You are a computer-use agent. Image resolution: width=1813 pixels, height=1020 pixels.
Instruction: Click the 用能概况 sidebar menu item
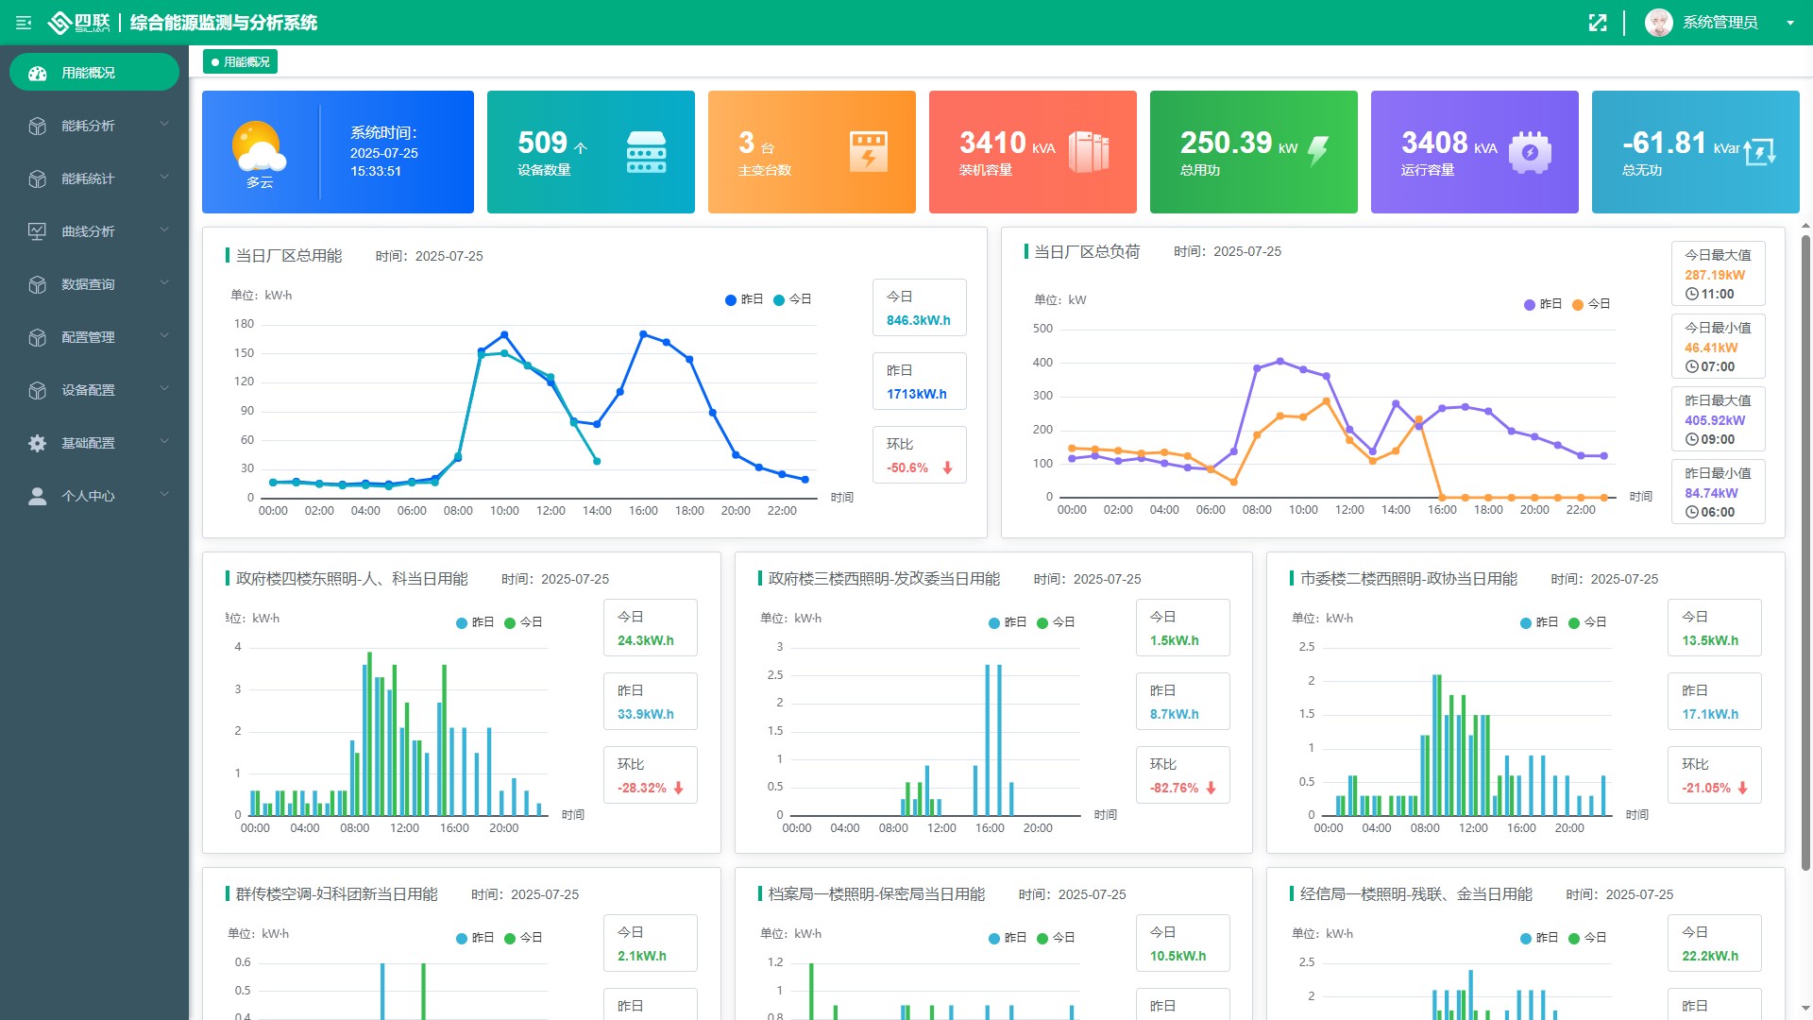[88, 73]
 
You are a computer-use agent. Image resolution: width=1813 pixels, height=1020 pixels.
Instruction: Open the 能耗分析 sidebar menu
[88, 126]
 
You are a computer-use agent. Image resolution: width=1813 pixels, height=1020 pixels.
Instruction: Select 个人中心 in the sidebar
[88, 496]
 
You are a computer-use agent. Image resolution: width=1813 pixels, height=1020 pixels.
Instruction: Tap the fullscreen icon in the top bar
[1598, 23]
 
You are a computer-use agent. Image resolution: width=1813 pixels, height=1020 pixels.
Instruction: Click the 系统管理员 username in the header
[1720, 23]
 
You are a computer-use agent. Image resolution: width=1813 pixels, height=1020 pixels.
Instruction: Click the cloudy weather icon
[258, 146]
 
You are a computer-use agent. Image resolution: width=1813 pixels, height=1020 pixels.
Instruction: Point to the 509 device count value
[542, 143]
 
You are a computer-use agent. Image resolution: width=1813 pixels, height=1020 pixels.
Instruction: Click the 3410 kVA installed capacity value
[992, 143]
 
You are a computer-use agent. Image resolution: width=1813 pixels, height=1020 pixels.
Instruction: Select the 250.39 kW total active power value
[1226, 143]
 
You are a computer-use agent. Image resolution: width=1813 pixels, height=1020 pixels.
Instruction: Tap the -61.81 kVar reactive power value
[1664, 143]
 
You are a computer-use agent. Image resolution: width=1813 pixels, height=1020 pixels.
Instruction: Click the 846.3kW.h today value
[918, 321]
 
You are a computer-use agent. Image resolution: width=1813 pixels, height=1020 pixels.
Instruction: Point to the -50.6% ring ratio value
[907, 468]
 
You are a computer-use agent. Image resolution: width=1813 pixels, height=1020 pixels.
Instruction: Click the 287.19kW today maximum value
[1715, 276]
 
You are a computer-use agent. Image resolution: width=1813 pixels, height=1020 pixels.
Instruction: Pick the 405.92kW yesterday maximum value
[1715, 421]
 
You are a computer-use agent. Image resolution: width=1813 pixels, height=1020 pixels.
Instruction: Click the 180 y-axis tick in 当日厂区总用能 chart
[244, 324]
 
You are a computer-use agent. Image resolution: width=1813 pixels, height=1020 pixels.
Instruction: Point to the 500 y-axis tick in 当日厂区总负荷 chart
[1042, 329]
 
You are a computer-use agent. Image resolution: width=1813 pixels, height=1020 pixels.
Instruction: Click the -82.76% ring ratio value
[1174, 789]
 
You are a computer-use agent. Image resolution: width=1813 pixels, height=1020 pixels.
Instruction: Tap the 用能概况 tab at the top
[241, 62]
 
